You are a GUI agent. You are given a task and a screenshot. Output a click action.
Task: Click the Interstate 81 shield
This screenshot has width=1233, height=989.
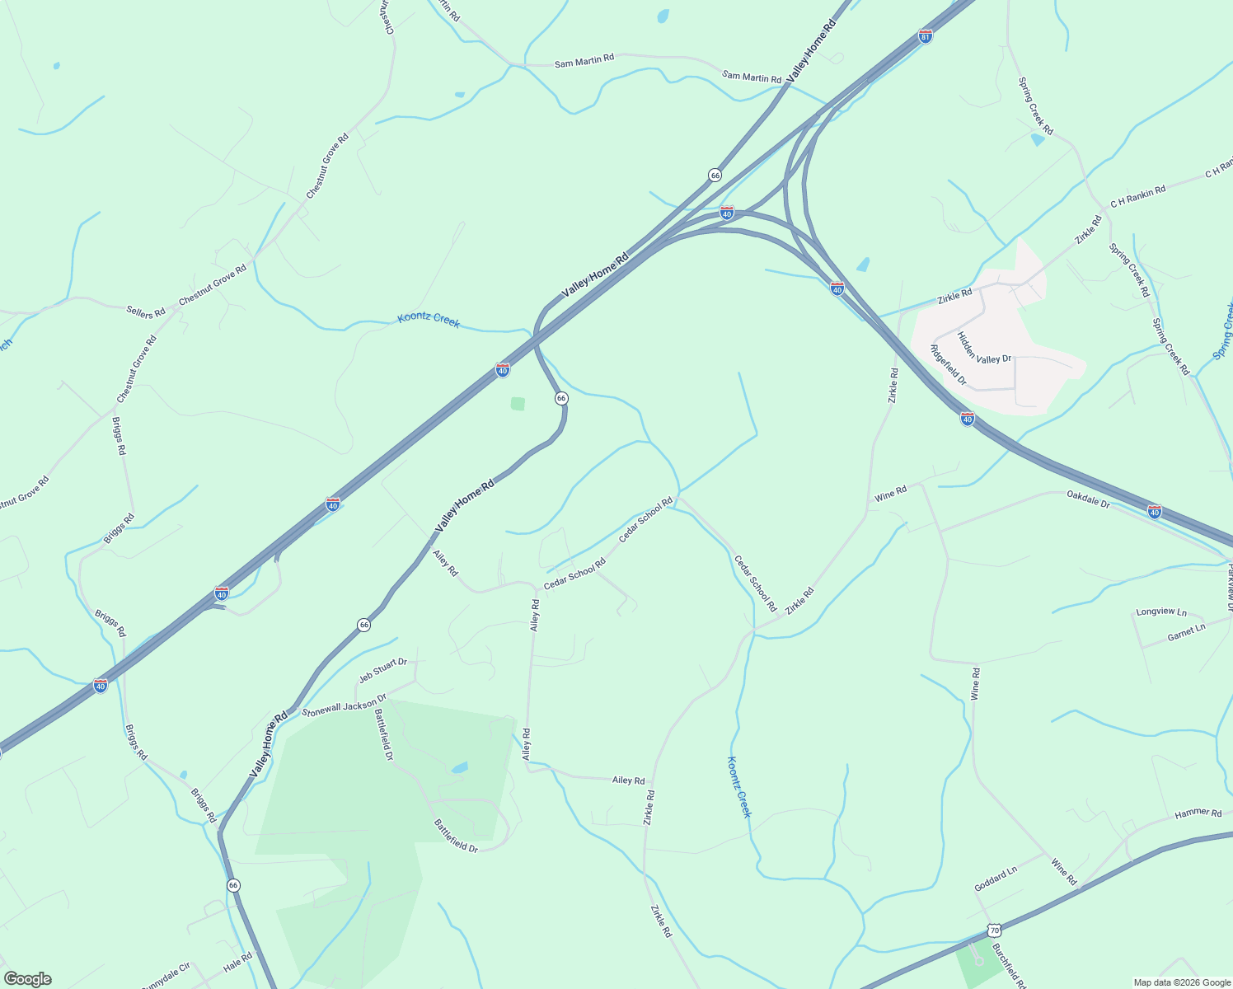pos(926,36)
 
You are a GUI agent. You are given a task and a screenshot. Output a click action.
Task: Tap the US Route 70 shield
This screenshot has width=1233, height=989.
pos(994,931)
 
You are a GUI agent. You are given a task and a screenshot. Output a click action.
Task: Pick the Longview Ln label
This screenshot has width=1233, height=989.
pos(1161,612)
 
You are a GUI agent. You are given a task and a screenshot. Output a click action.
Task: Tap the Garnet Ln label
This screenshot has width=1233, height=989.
pos(1186,632)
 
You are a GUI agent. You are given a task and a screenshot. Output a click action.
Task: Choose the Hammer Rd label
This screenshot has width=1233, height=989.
pos(1198,813)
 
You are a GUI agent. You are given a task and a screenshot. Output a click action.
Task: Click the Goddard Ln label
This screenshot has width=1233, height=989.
pos(996,879)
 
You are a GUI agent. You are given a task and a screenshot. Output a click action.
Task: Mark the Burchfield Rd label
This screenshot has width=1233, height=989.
pos(1010,966)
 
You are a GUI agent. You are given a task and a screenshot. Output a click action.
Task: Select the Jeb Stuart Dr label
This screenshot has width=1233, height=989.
pos(382,670)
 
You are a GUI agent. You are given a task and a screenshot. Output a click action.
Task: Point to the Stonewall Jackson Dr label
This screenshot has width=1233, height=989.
pos(344,705)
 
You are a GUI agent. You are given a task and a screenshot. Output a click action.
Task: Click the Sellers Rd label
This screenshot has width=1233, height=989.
pos(146,312)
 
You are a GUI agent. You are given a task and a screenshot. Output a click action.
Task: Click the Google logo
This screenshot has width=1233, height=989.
pos(27,979)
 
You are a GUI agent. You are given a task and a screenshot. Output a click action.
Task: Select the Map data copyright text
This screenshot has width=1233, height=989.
pos(1181,982)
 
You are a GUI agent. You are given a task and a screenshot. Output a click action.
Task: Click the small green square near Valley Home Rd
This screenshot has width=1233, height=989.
pos(518,404)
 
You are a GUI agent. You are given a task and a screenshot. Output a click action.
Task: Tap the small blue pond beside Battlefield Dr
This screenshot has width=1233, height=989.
pos(459,768)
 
